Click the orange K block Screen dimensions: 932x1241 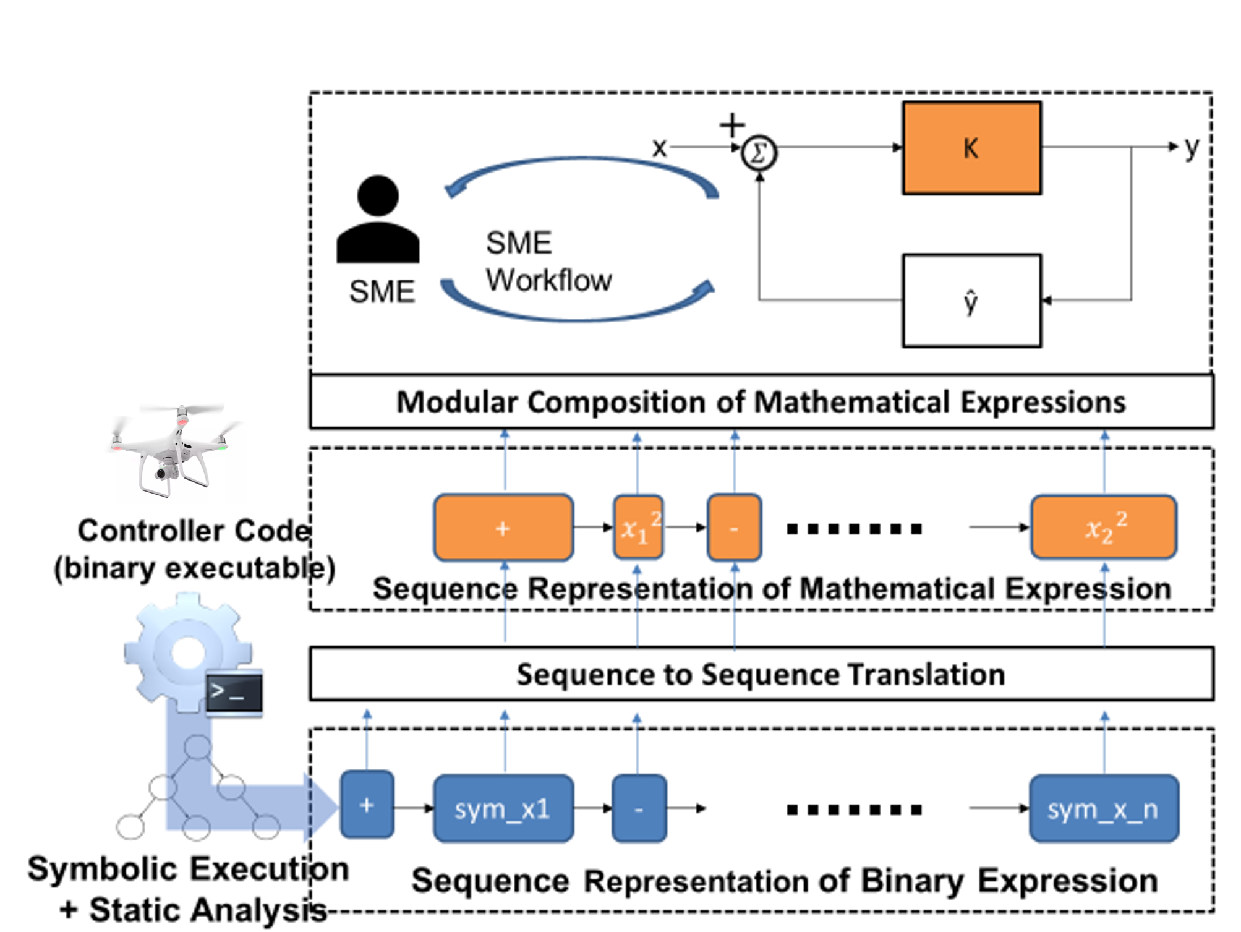click(971, 148)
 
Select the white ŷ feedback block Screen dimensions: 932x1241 click(971, 301)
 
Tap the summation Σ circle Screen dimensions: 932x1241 click(759, 153)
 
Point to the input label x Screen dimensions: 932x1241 click(659, 148)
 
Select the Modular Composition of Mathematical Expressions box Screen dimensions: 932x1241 click(761, 402)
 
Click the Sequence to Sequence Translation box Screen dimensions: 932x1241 click(761, 674)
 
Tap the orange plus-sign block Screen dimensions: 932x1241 click(503, 528)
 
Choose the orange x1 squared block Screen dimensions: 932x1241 click(638, 528)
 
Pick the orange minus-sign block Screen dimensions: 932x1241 click(734, 528)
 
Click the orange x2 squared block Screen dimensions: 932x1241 click(1104, 528)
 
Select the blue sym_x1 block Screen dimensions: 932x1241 click(503, 808)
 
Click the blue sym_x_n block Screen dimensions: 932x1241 click(1104, 808)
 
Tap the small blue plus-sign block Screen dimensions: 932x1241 click(367, 805)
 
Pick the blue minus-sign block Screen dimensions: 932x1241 click(639, 808)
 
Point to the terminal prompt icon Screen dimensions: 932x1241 click(234, 691)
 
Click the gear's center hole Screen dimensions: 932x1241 click(188, 652)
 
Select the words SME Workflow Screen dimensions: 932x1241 click(548, 262)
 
